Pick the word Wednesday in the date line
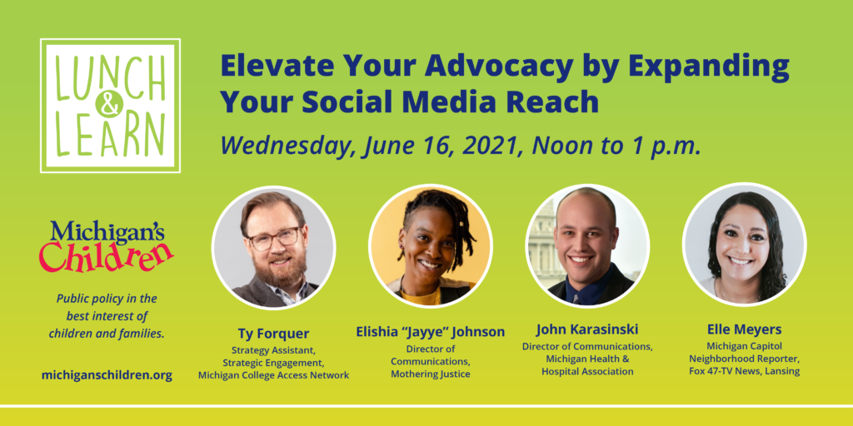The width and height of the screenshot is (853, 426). coord(287,146)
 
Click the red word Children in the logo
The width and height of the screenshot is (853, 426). coord(107,255)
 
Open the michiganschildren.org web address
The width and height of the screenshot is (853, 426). coord(107,375)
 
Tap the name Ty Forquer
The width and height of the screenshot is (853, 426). coord(273,333)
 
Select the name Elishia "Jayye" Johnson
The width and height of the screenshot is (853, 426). coord(431,331)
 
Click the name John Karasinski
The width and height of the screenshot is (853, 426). coord(587,329)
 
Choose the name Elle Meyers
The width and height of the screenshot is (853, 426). coord(744,329)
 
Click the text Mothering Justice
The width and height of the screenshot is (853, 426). coord(431,374)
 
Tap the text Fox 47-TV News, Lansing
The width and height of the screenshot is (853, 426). coord(744,372)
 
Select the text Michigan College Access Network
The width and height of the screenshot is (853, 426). coord(273,375)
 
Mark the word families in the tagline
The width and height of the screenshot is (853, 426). coord(145,333)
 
